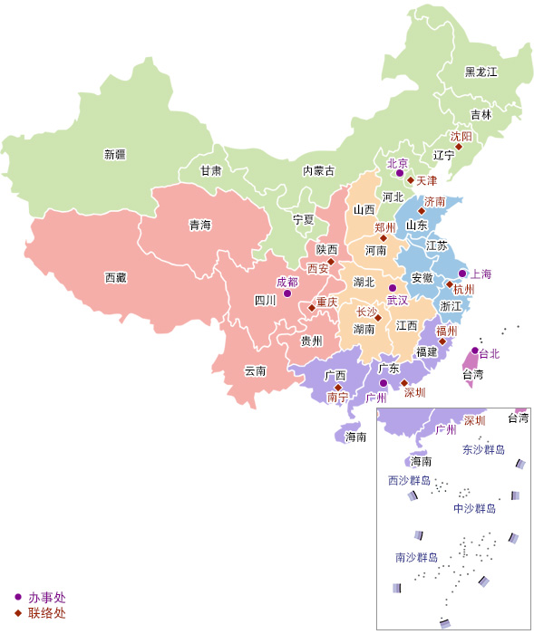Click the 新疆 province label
(115, 155)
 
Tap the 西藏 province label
(115, 277)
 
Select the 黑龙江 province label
(481, 72)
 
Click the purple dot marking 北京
(400, 172)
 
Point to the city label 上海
(481, 274)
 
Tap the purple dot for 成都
(286, 293)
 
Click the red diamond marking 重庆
(312, 308)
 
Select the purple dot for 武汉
(393, 287)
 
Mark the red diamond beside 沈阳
(459, 147)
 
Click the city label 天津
(426, 181)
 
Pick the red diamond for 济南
(422, 210)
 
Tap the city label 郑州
(384, 227)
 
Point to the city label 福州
(447, 331)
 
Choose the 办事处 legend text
(46, 598)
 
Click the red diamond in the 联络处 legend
(17, 613)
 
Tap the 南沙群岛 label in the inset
(416, 557)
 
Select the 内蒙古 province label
(318, 170)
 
